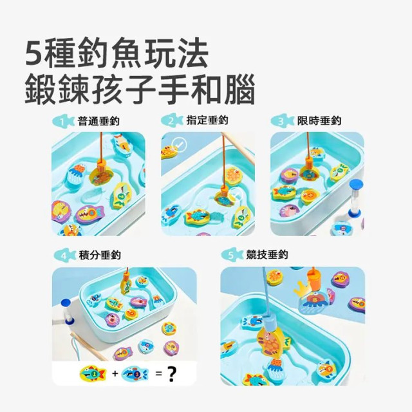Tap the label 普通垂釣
click(98, 120)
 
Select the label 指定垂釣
click(207, 120)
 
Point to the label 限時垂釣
click(319, 120)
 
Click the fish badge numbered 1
click(63, 121)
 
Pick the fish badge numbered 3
click(282, 121)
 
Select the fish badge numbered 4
click(63, 256)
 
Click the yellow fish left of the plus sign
click(91, 373)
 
